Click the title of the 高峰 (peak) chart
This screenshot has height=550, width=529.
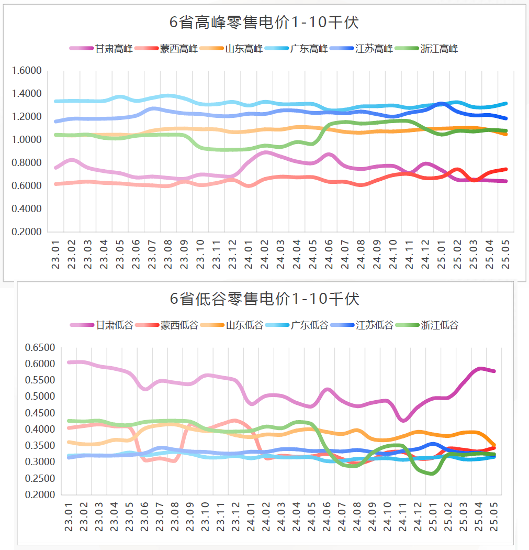pos(264,23)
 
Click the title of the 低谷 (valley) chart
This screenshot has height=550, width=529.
pos(265,299)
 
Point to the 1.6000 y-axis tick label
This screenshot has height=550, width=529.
pos(27,71)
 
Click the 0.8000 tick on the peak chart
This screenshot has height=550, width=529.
pos(27,163)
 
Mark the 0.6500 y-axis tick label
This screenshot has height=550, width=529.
pos(40,348)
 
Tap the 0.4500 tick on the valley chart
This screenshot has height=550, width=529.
pos(40,413)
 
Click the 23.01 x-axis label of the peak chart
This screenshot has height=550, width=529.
pos(56,255)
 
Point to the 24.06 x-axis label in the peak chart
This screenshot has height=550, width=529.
pos(329,255)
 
